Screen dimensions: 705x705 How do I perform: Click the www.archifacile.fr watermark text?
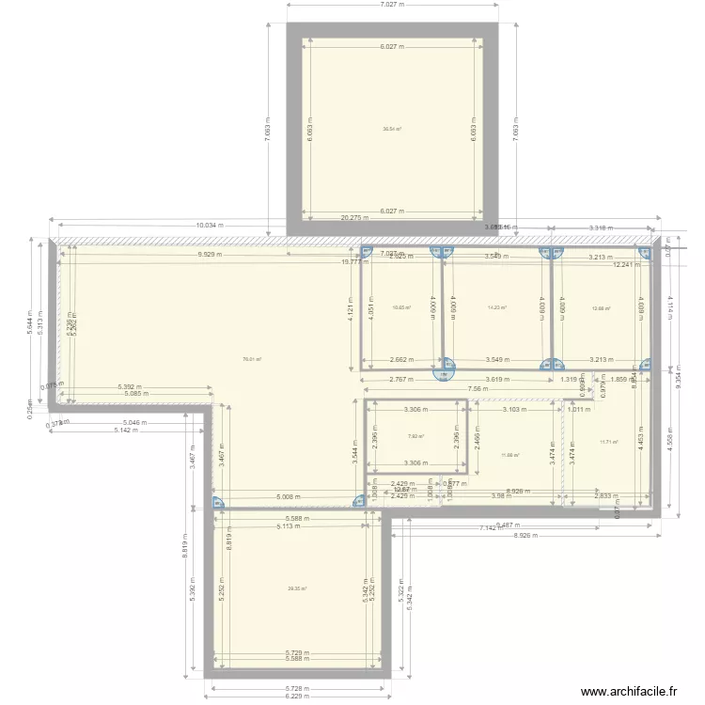(x=629, y=691)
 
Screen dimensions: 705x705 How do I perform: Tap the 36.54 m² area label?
(x=392, y=130)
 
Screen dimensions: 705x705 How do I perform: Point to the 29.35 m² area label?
(x=297, y=589)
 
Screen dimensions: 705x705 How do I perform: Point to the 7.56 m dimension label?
(x=478, y=389)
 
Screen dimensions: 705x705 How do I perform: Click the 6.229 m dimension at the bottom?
(x=297, y=697)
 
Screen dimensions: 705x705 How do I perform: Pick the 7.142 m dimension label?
(x=493, y=528)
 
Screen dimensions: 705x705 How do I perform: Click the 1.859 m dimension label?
(x=624, y=379)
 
